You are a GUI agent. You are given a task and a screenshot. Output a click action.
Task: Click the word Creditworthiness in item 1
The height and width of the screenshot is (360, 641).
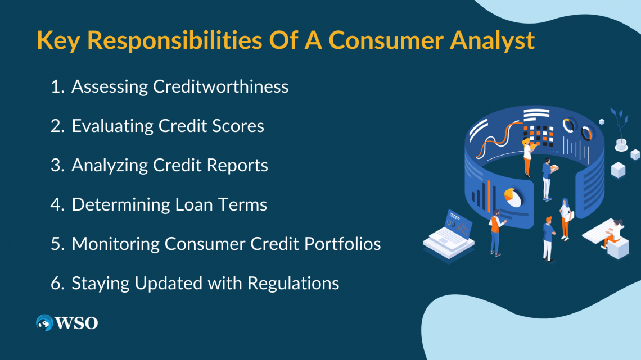[221, 86]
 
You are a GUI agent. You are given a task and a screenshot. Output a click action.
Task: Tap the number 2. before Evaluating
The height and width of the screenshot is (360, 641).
[58, 126]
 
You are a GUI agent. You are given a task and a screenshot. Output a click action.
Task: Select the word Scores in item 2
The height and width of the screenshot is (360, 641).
[238, 126]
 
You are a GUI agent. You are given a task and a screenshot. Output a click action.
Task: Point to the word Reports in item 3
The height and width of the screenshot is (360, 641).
[237, 166]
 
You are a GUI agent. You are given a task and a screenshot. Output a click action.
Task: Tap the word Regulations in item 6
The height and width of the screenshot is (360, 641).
[293, 284]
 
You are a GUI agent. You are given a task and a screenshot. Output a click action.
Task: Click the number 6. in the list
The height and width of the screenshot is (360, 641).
[58, 283]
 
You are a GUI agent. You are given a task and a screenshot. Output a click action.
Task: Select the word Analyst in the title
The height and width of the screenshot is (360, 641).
[492, 41]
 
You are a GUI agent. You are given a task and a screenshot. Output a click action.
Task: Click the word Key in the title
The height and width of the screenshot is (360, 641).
[58, 41]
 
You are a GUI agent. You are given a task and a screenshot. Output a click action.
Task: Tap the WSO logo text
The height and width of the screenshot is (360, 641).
[76, 323]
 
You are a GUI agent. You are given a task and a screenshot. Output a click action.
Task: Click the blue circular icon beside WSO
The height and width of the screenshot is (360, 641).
[44, 323]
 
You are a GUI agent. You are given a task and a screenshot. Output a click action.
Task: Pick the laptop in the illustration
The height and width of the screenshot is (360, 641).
[450, 235]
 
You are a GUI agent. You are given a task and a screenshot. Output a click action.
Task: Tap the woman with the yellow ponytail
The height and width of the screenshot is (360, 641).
[528, 157]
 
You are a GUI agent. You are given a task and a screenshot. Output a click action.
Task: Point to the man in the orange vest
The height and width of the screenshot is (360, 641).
[496, 233]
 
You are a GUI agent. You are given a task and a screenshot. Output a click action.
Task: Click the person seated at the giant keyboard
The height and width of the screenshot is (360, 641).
[613, 233]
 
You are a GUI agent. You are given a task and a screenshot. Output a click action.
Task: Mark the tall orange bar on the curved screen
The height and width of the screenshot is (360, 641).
[489, 197]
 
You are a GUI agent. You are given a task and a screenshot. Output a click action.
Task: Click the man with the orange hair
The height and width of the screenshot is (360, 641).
[548, 239]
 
